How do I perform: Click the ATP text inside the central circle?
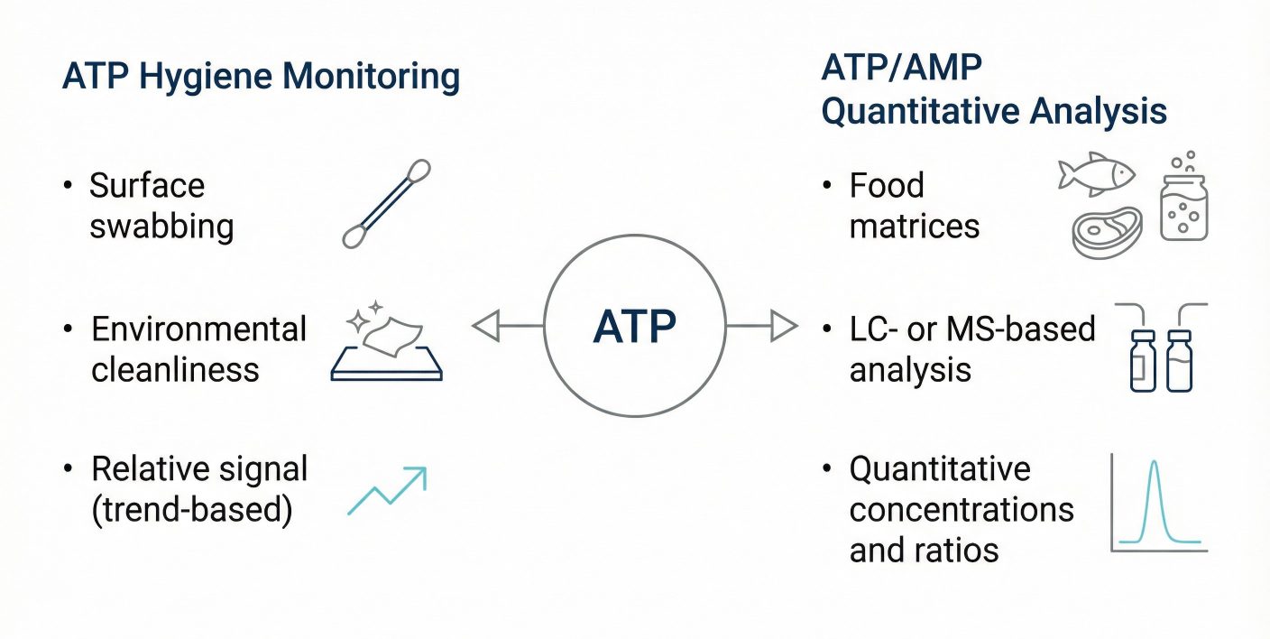pyautogui.click(x=634, y=327)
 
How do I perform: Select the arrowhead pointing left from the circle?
pyautogui.click(x=486, y=326)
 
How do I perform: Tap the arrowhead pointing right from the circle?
pyautogui.click(x=783, y=326)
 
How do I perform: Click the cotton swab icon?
pyautogui.click(x=387, y=204)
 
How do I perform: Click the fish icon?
pyautogui.click(x=1096, y=172)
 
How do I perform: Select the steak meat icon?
pyautogui.click(x=1106, y=232)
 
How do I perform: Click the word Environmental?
pyautogui.click(x=199, y=329)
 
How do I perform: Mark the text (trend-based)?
pyautogui.click(x=192, y=510)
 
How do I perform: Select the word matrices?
pyautogui.click(x=915, y=226)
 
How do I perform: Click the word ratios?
pyautogui.click(x=959, y=550)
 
